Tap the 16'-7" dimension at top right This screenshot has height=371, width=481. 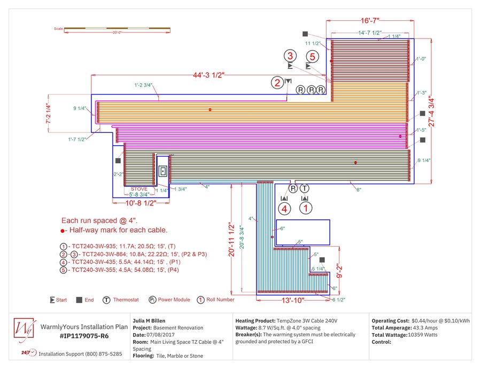[369, 21]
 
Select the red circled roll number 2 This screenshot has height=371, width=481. [277, 82]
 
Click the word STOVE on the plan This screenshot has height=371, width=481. [139, 189]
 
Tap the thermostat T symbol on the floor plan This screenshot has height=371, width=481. [305, 188]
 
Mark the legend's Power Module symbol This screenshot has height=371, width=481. [152, 300]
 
